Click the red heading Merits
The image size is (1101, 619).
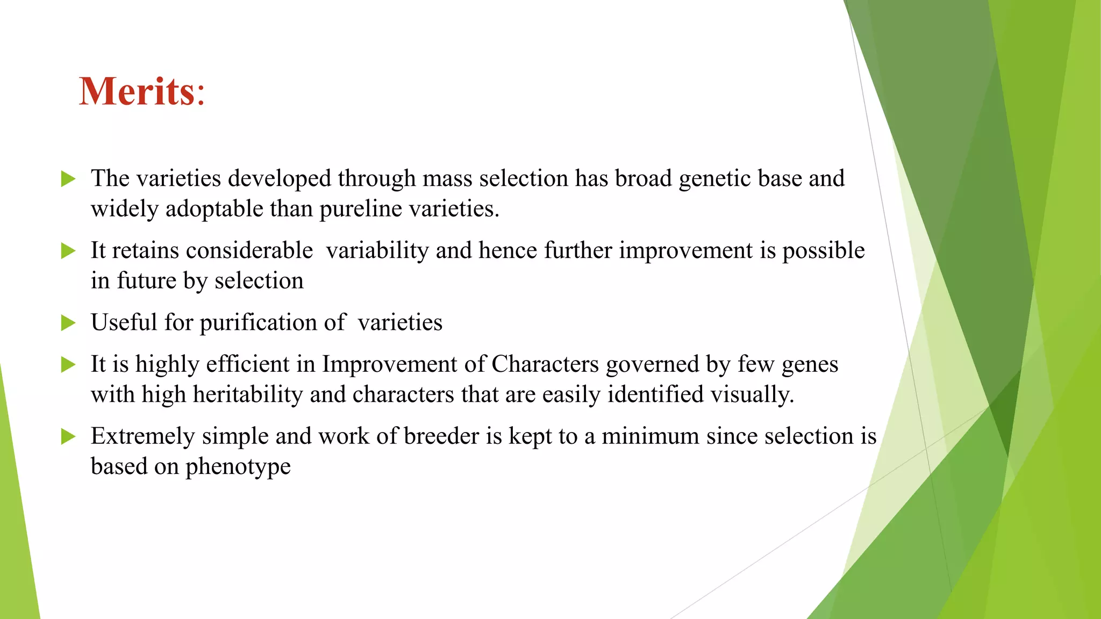pyautogui.click(x=142, y=91)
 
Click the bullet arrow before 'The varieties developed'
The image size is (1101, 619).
pyautogui.click(x=68, y=179)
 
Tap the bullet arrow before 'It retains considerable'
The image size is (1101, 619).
pyautogui.click(x=68, y=251)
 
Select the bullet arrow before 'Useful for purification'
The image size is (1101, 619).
pyautogui.click(x=68, y=323)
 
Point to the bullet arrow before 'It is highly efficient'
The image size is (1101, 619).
pyautogui.click(x=68, y=365)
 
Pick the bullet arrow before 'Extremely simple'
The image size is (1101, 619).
pyautogui.click(x=68, y=436)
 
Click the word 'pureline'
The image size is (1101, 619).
pyautogui.click(x=361, y=209)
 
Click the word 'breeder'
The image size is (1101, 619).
pyautogui.click(x=441, y=436)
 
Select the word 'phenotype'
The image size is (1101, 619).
pyautogui.click(x=238, y=467)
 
